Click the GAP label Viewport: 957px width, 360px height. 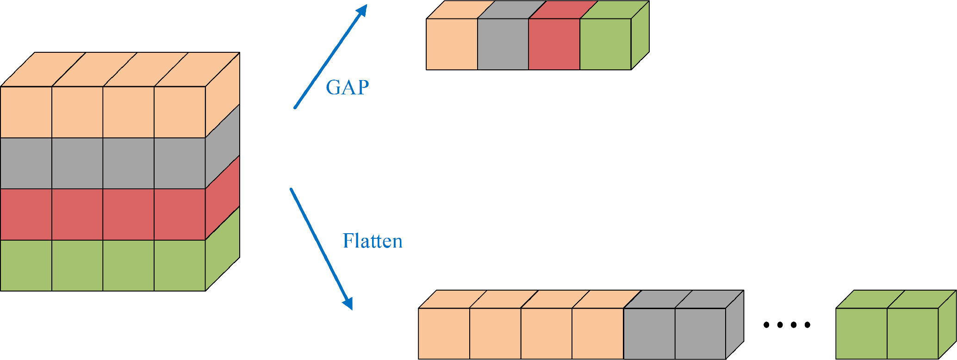pyautogui.click(x=347, y=87)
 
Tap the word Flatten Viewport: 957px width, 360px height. pyautogui.click(x=373, y=241)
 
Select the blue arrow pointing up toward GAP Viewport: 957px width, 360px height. pyautogui.click(x=330, y=56)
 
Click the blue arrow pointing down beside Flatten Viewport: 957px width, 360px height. pyautogui.click(x=321, y=248)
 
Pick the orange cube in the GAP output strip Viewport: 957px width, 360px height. pyautogui.click(x=452, y=44)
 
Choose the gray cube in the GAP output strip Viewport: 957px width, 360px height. pyautogui.click(x=503, y=44)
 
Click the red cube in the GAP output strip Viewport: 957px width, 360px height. pyautogui.click(x=554, y=44)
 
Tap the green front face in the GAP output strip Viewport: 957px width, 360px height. pyautogui.click(x=605, y=44)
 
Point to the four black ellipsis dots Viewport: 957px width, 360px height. pyautogui.click(x=787, y=325)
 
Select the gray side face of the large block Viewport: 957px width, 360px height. pyautogui.click(x=223, y=146)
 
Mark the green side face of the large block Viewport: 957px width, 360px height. pyautogui.click(x=223, y=248)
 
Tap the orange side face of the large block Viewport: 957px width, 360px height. pyautogui.click(x=223, y=95)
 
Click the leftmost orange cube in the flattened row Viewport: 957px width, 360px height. pyautogui.click(x=444, y=334)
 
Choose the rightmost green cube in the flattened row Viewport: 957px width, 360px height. pyautogui.click(x=913, y=334)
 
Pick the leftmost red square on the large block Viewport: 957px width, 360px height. pyautogui.click(x=26, y=214)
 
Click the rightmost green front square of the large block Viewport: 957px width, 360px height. pyautogui.click(x=180, y=265)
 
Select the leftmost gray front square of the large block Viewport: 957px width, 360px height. pyautogui.click(x=26, y=163)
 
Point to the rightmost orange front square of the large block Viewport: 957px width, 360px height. pyautogui.click(x=180, y=112)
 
